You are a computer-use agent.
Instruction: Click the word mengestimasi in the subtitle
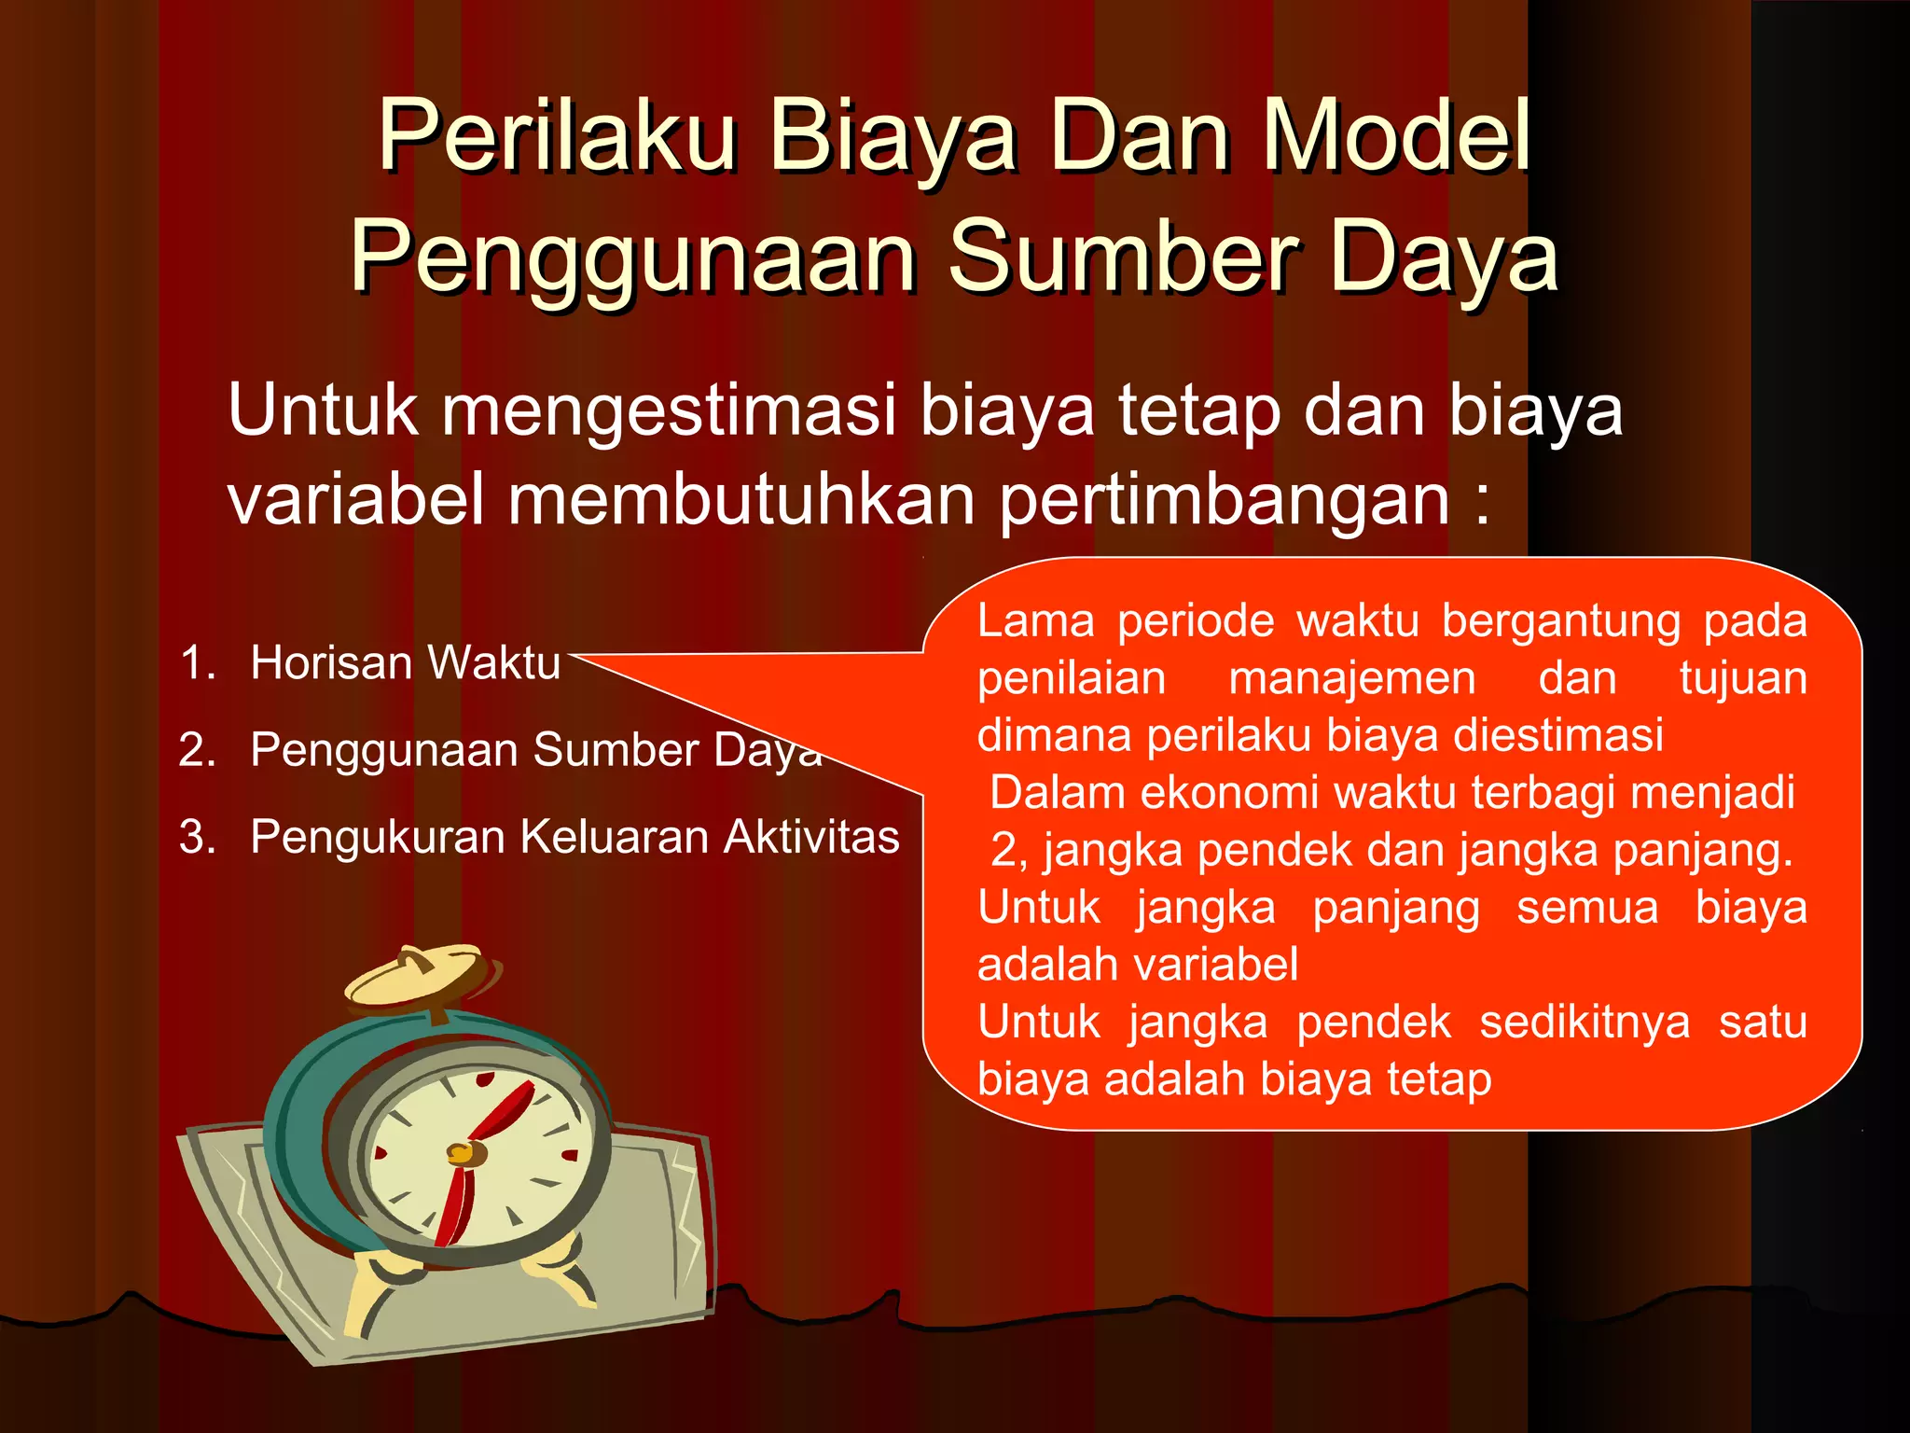tap(668, 410)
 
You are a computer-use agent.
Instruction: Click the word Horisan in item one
tap(330, 663)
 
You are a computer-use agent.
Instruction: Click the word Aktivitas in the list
tap(811, 837)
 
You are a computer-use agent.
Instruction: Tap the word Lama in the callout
tap(1035, 621)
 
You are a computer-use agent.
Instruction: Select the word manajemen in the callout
tap(1352, 678)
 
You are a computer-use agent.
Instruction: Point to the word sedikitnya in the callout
tap(1584, 1023)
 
